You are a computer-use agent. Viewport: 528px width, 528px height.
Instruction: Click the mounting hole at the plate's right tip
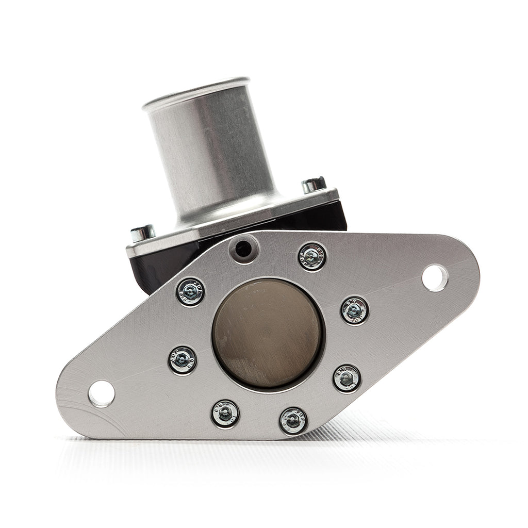pyautogui.click(x=434, y=278)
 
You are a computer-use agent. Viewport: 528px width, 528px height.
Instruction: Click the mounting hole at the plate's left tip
pyautogui.click(x=101, y=394)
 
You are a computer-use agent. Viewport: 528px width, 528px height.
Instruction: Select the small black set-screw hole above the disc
pyautogui.click(x=243, y=249)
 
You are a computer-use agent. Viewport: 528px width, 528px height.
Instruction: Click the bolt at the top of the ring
pyautogui.click(x=312, y=256)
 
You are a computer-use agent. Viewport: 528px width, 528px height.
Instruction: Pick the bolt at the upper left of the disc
pyautogui.click(x=190, y=291)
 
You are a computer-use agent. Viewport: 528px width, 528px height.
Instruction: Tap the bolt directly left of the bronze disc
pyautogui.click(x=183, y=360)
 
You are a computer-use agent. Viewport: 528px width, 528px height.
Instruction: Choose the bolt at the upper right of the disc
pyautogui.click(x=355, y=310)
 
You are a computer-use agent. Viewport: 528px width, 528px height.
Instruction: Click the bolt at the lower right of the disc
pyautogui.click(x=346, y=378)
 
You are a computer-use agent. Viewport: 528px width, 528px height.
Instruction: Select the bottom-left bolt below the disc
pyautogui.click(x=225, y=414)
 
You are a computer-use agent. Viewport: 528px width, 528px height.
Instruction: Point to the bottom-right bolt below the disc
pyautogui.click(x=293, y=420)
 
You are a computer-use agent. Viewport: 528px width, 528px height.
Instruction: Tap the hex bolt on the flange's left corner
pyautogui.click(x=142, y=233)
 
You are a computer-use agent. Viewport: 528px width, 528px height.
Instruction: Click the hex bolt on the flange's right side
pyautogui.click(x=313, y=185)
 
